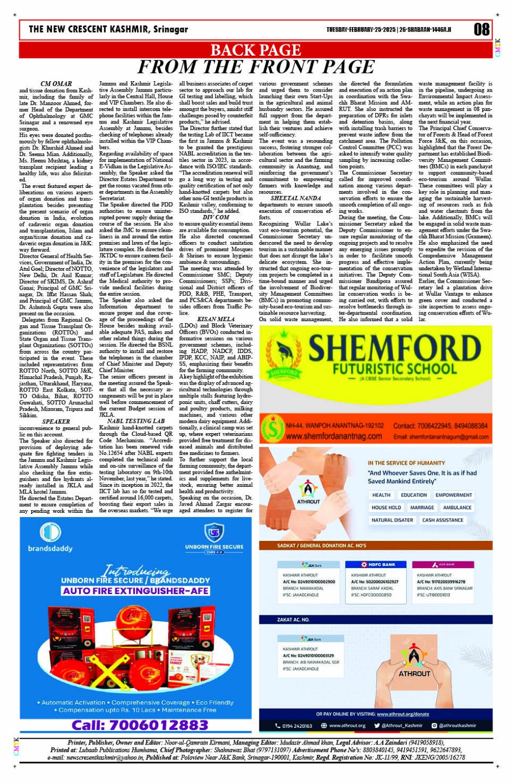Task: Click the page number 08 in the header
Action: click(481, 29)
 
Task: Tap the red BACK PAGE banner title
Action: click(255, 50)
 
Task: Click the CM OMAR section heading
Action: click(56, 84)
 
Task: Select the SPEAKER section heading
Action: click(56, 421)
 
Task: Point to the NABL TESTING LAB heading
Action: click(136, 421)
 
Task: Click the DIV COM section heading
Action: click(216, 217)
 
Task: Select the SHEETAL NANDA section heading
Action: click(295, 198)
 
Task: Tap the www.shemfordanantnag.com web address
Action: click(334, 436)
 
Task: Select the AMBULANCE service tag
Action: click(457, 507)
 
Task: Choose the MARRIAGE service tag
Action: click(422, 507)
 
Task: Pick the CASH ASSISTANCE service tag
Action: click(442, 520)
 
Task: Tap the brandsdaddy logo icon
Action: click(50, 532)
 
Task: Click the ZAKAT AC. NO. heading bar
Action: click(294, 619)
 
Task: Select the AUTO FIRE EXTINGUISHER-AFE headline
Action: click(135, 591)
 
